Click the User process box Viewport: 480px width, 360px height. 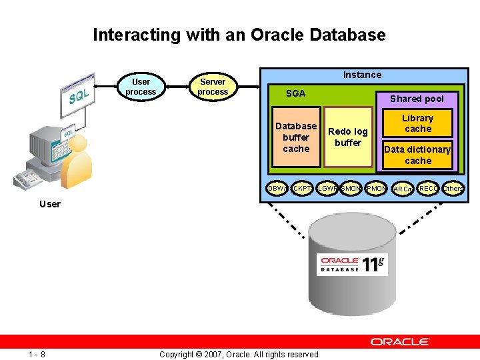point(141,87)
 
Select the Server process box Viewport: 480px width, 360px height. point(213,87)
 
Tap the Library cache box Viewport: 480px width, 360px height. point(418,123)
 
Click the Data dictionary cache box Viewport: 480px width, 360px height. point(418,155)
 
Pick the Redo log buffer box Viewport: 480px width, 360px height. point(348,137)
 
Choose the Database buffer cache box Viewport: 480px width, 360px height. point(296,137)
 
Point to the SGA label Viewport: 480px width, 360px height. point(295,93)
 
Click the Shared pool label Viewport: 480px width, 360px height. point(417,99)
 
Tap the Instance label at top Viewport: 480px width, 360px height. point(362,75)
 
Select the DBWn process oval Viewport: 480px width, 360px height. point(277,189)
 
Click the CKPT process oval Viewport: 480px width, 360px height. point(302,189)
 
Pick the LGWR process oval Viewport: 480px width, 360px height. point(327,189)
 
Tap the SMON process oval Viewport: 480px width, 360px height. point(351,189)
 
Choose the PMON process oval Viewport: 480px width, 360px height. point(376,189)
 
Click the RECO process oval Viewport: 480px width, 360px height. point(428,189)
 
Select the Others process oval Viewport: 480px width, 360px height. point(453,189)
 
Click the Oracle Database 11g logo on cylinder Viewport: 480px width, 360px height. point(352,264)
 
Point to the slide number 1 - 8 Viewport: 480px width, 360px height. point(37,354)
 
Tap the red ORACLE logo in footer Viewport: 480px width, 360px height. point(400,341)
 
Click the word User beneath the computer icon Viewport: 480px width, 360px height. point(49,204)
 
